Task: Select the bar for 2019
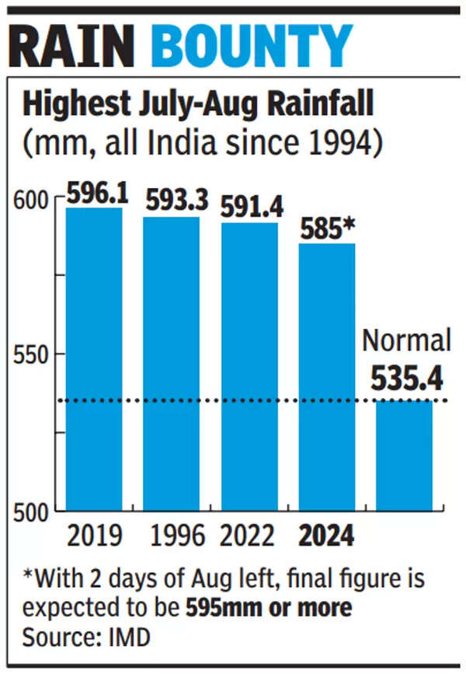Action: coord(94,358)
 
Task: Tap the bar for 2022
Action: coord(249,366)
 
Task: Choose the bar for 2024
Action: coord(326,376)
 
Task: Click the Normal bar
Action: coord(404,455)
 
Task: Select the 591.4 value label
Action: coord(252,208)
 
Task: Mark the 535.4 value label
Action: coord(406,379)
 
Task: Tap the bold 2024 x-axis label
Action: coord(326,536)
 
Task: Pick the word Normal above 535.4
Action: coord(407,340)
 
